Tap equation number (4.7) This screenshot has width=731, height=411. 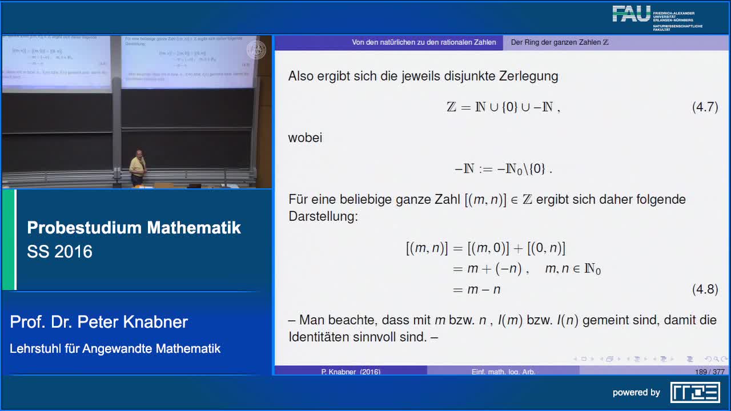point(705,107)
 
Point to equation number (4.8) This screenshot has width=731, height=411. point(705,289)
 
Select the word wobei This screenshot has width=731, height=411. point(305,138)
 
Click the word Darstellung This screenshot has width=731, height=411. point(323,216)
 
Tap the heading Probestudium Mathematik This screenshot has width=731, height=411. point(134,228)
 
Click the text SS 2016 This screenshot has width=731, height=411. point(59,252)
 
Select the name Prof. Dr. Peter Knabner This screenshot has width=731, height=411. point(99,322)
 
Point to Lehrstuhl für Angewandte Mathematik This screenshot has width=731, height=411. point(115,348)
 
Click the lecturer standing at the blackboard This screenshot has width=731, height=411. point(137,167)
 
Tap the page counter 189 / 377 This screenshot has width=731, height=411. point(709,372)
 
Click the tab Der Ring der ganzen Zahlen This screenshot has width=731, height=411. point(559,42)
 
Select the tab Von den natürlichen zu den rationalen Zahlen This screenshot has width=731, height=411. point(424,42)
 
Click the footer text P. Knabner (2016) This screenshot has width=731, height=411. point(351,372)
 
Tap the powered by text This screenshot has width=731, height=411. point(636,392)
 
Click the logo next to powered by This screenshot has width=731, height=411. point(694,392)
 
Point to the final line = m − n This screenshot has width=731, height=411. point(477,289)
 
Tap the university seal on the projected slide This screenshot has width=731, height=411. point(256,50)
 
